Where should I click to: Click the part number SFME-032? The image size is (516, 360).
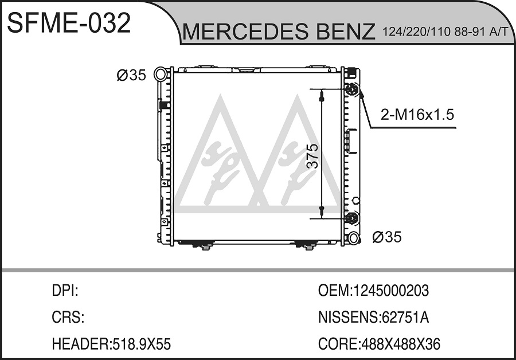point(69,23)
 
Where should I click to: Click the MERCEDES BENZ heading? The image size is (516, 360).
point(279,32)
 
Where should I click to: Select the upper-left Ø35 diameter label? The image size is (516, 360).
point(131,75)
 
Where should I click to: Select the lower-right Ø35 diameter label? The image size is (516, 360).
point(387,237)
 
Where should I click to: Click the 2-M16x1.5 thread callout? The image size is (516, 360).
point(417,115)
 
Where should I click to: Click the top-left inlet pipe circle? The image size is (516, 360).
point(161,74)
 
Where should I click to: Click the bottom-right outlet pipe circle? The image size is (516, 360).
point(353,238)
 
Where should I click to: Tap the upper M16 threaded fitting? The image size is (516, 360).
point(351,89)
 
